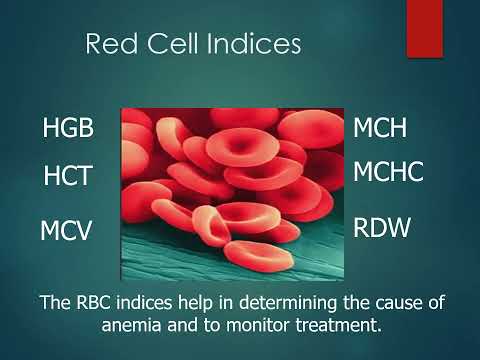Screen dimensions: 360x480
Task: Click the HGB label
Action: coord(68,129)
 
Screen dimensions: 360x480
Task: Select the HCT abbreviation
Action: coord(68,177)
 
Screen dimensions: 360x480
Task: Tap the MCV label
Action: coord(66,231)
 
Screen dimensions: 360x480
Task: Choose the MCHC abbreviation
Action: coord(389,172)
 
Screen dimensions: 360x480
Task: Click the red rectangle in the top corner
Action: coord(424,28)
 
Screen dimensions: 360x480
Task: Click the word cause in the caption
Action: coord(395,301)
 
